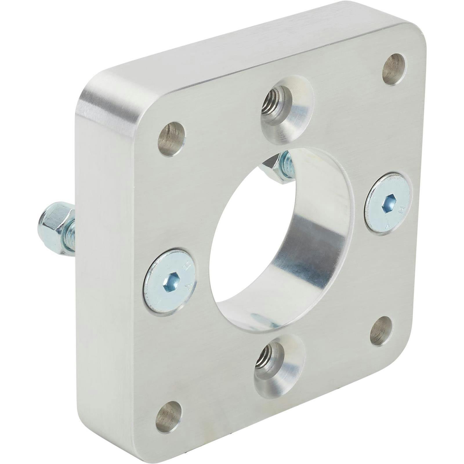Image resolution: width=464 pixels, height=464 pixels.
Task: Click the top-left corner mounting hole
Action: (171, 139)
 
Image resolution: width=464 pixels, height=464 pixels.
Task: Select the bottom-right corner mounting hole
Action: (381, 331)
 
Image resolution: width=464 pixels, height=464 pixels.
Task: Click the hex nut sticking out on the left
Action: (55, 228)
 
